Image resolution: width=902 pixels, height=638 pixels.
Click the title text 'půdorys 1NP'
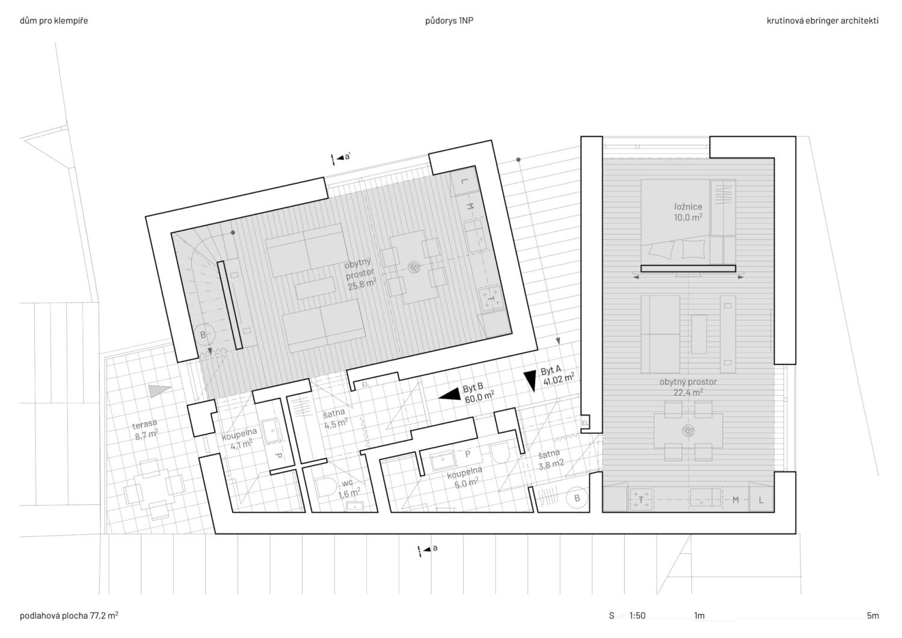(x=449, y=20)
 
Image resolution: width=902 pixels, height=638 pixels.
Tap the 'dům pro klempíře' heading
(x=54, y=20)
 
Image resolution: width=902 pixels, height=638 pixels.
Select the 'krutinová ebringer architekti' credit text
(x=822, y=20)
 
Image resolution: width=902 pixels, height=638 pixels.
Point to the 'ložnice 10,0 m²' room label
(x=688, y=212)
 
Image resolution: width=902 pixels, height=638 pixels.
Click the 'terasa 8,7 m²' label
(x=146, y=429)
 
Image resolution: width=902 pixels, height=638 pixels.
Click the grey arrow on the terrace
(x=159, y=391)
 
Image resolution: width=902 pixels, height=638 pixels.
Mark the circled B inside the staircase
(x=203, y=334)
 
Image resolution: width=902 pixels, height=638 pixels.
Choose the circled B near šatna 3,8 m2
(x=577, y=498)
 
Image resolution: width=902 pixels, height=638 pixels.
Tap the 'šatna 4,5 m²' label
(x=336, y=419)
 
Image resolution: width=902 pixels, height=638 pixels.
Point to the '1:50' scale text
(x=637, y=615)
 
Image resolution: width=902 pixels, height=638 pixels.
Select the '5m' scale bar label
(x=873, y=615)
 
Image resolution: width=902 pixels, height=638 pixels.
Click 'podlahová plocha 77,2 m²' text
(x=69, y=615)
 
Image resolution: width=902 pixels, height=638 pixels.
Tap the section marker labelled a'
(x=341, y=158)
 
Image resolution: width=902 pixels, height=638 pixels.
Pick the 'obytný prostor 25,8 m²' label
(x=360, y=274)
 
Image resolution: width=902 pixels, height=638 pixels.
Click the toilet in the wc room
(x=326, y=487)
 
